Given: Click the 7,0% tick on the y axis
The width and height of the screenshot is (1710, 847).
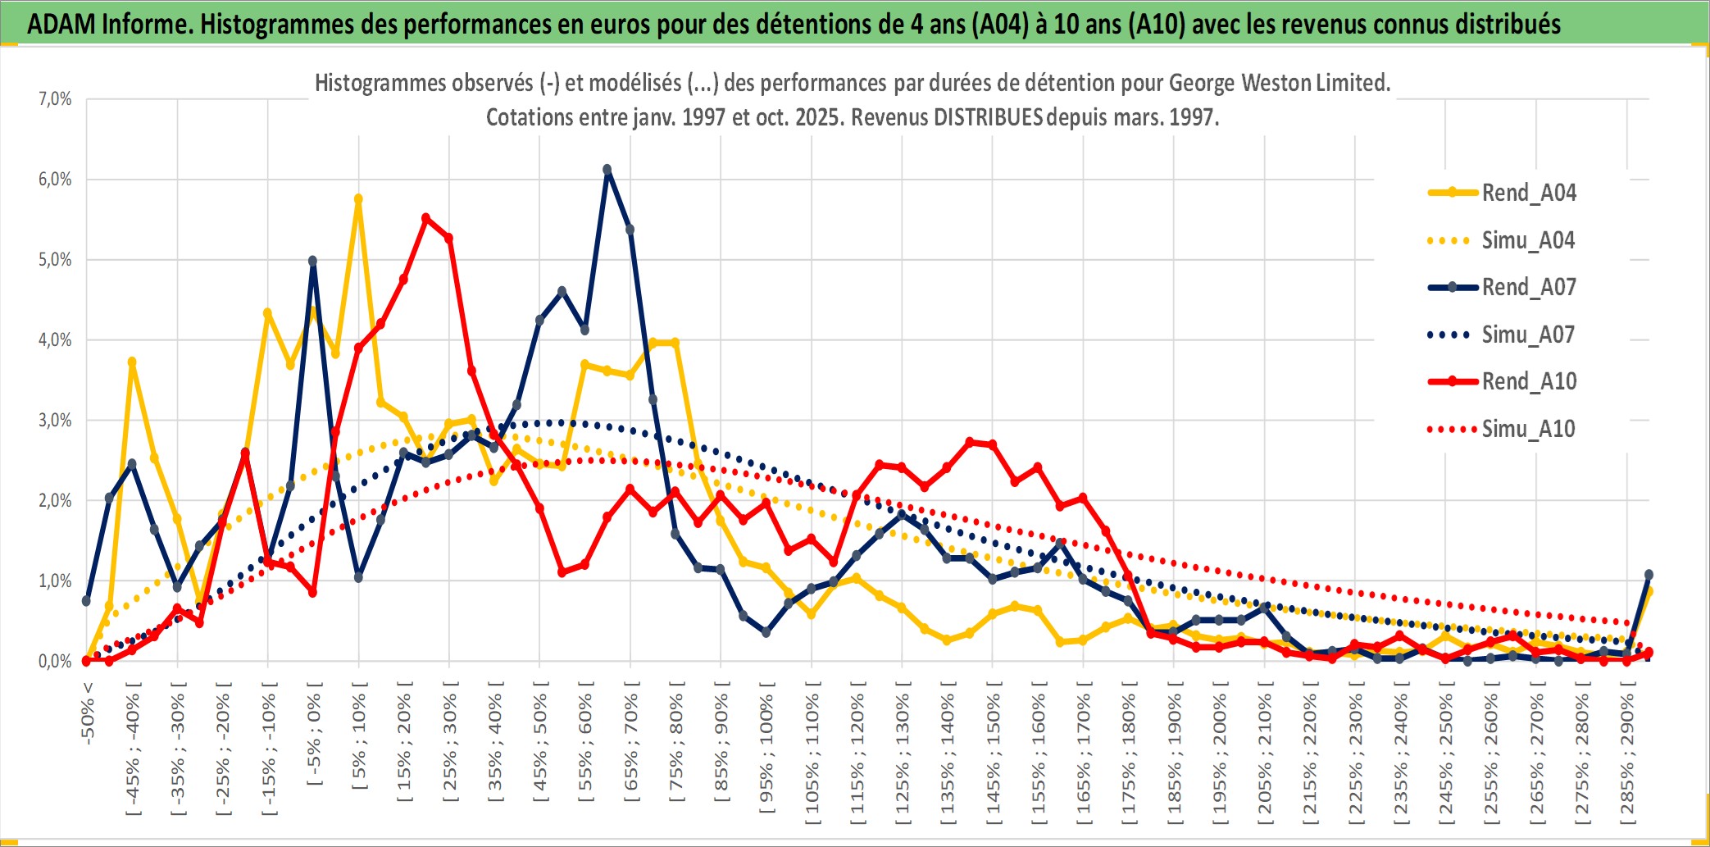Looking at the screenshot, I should (x=55, y=99).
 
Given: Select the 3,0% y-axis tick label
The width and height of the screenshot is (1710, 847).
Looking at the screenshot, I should (x=55, y=421).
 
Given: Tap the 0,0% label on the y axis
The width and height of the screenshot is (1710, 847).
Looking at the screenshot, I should (x=55, y=662).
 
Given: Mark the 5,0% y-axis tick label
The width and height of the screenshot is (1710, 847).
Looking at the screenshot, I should (x=55, y=260).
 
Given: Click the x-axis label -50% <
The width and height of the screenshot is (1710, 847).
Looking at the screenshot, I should (x=88, y=713).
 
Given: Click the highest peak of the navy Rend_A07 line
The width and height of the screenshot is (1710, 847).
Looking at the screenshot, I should (x=607, y=170).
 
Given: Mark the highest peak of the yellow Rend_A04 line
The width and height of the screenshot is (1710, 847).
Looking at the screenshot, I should (x=358, y=199).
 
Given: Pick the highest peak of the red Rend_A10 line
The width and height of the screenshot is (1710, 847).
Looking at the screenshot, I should (x=425, y=218).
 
